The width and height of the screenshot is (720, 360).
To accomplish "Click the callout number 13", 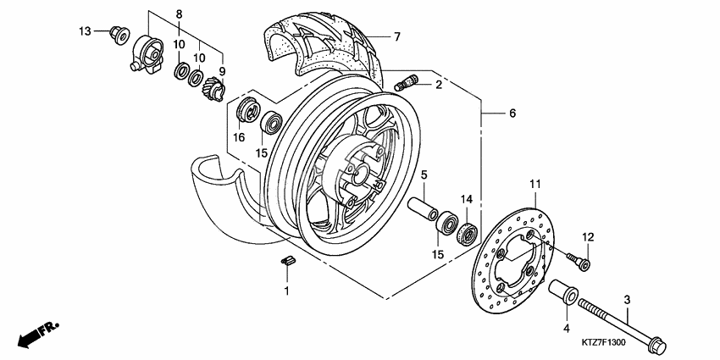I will [85, 31].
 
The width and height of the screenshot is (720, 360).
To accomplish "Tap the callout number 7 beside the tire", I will [396, 36].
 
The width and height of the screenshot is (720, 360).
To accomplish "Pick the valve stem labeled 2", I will [407, 83].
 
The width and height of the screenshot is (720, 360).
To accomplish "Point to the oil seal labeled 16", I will [247, 111].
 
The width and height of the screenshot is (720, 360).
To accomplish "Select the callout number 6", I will [512, 114].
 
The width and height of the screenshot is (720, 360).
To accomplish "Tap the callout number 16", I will [239, 138].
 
